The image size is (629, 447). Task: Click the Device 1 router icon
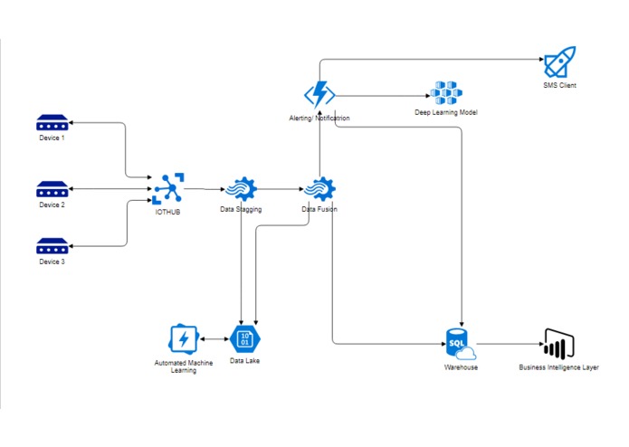point(52,122)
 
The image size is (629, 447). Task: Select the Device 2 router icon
point(52,189)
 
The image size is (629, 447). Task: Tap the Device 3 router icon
point(52,245)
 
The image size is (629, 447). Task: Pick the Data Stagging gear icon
point(240,189)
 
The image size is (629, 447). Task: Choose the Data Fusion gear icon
point(319,189)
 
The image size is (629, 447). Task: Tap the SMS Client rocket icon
point(558,63)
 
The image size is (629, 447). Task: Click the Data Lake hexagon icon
point(243,339)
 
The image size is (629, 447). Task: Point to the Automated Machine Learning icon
point(185,339)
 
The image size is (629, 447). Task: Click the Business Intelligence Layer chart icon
point(558,344)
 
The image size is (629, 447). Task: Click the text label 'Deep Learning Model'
point(446,113)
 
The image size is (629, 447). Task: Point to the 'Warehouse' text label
point(461,367)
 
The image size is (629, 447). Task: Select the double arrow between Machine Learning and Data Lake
point(214,339)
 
